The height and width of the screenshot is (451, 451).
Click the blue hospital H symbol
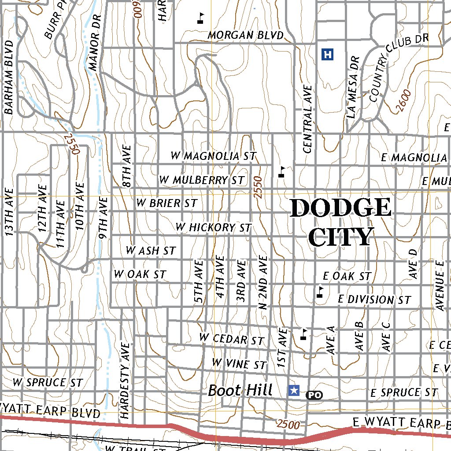pos(327,55)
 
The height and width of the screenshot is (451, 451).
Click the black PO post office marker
pos(314,395)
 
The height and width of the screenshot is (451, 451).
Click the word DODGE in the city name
pos(340,207)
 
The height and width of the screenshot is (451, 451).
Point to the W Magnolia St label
pos(214,156)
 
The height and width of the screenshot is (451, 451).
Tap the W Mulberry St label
pos(202,180)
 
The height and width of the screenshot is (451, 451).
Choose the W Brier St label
pos(166,203)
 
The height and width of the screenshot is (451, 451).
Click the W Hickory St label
pos(213,227)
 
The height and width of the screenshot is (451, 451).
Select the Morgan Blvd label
pos(245,35)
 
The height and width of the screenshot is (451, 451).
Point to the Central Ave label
pos(307,119)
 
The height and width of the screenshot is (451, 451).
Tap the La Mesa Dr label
pos(354,87)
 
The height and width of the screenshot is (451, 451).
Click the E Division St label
pos(374,299)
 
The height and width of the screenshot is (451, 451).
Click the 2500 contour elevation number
pos(288,425)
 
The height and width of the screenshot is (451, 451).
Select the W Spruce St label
pos(48,382)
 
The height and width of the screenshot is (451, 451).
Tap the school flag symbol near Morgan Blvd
pos(200,17)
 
